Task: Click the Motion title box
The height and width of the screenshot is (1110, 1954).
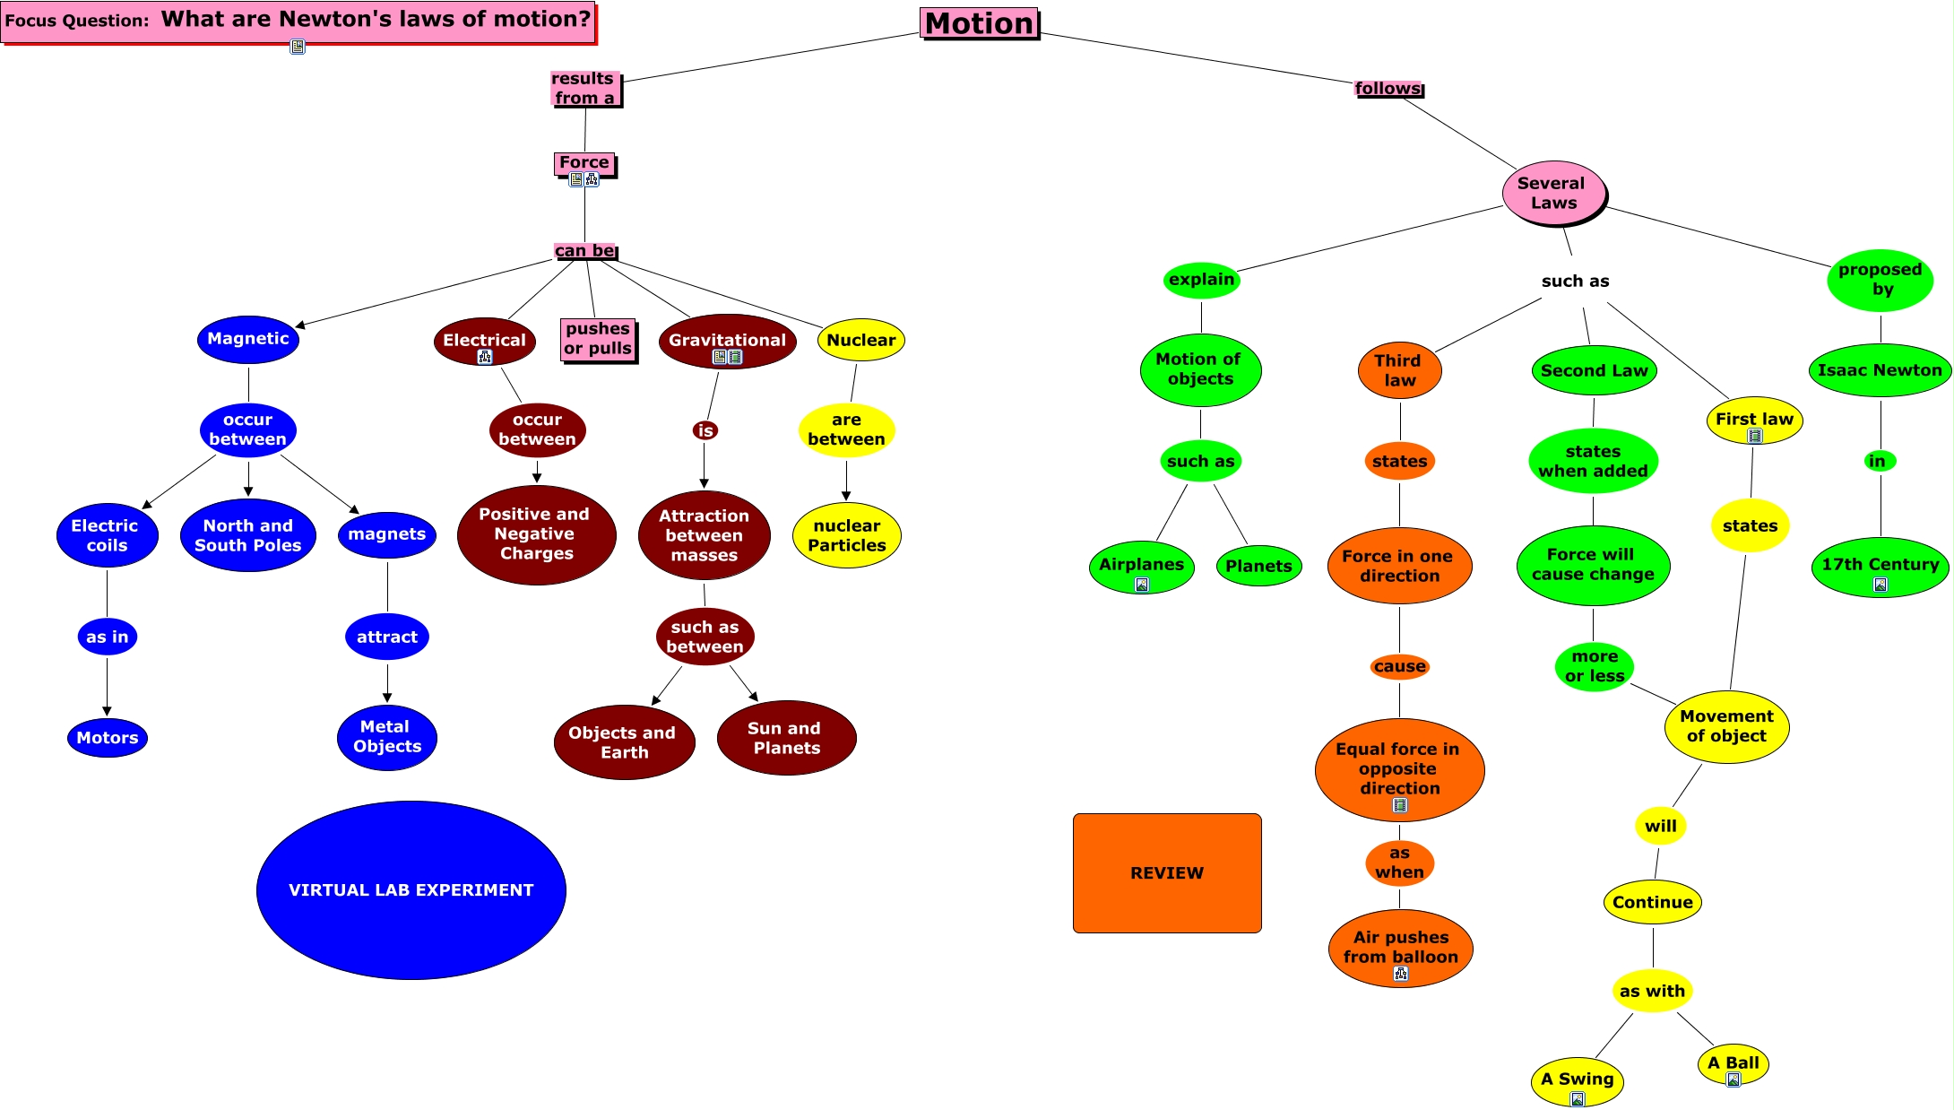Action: coord(979,23)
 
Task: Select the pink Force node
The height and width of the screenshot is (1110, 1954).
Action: coord(584,162)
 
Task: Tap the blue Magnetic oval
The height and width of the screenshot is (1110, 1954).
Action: coord(247,339)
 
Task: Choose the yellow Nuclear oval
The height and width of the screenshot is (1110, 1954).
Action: coord(860,340)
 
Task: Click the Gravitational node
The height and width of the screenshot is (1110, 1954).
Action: coord(727,340)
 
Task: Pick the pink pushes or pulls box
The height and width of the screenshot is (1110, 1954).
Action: coord(598,339)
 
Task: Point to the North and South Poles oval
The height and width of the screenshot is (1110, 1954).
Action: coord(247,535)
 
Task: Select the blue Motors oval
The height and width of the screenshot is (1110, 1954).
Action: coord(107,738)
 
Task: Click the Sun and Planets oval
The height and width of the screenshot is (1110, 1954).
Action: coord(786,738)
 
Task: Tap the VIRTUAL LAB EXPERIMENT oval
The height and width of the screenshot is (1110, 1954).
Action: coord(411,889)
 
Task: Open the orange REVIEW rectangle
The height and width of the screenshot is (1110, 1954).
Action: coord(1166,873)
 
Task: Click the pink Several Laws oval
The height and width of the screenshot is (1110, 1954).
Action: coord(1553,193)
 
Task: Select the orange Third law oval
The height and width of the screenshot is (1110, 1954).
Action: coord(1398,370)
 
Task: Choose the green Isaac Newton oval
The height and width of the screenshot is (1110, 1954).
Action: coord(1880,370)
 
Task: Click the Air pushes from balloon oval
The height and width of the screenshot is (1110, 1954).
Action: coord(1400,947)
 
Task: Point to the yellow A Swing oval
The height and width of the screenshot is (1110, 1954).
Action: coord(1577,1080)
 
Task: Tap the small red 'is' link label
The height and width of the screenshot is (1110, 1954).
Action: coord(705,430)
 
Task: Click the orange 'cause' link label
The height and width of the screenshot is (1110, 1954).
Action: coord(1399,666)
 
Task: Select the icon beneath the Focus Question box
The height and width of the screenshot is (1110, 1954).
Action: coord(298,47)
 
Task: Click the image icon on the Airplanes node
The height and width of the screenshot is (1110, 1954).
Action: coord(1142,585)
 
